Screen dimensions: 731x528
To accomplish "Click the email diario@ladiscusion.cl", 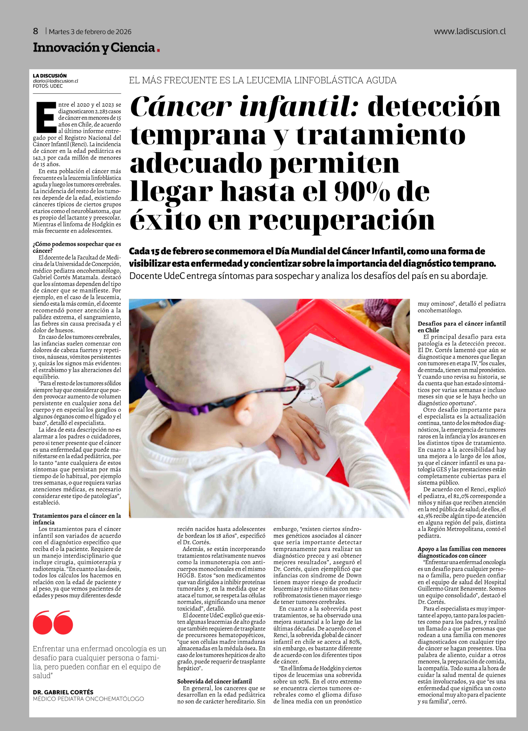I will point(55,81).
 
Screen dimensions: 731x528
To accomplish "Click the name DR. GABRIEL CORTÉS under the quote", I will point(63,692).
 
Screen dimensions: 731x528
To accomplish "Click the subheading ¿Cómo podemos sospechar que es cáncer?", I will point(77,247).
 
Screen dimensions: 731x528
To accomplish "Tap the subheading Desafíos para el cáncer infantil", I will point(462,324).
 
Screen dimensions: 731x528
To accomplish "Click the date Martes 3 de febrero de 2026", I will point(90,32).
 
